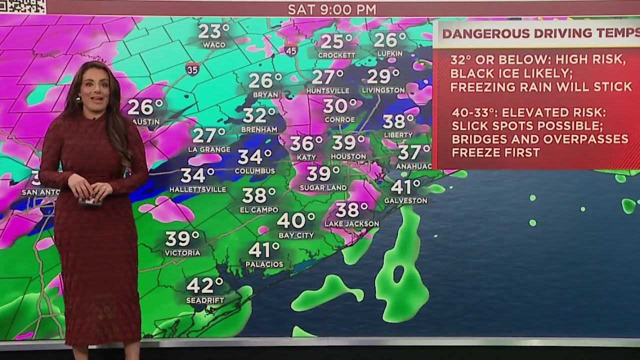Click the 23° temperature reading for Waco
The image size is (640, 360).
click(214, 31)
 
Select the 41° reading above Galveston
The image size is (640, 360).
click(405, 187)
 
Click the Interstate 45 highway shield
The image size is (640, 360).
click(291, 49)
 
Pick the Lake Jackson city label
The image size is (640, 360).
click(352, 223)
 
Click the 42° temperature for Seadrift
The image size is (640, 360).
click(205, 286)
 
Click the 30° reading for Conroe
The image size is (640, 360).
click(339, 106)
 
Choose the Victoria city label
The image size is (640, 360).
click(182, 253)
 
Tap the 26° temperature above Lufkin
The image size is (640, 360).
click(389, 40)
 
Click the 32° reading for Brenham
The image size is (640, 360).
click(259, 116)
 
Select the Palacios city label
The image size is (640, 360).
click(264, 264)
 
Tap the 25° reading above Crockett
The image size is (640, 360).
click(336, 42)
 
